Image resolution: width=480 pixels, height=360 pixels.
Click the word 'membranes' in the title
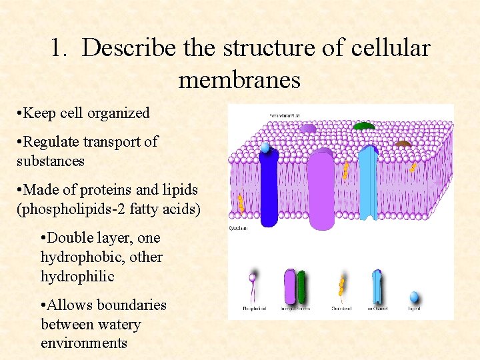tap(239, 81)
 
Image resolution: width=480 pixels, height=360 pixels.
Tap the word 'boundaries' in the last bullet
tap(132, 305)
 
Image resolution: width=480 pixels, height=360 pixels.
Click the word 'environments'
tap(84, 343)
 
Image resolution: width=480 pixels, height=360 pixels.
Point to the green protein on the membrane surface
tap(363, 126)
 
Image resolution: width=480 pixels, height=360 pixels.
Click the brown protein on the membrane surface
tap(403, 143)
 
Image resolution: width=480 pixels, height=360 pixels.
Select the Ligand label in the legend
tap(413, 309)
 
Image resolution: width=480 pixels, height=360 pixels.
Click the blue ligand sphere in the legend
tap(414, 296)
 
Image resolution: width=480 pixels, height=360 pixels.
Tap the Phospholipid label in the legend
tap(253, 309)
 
